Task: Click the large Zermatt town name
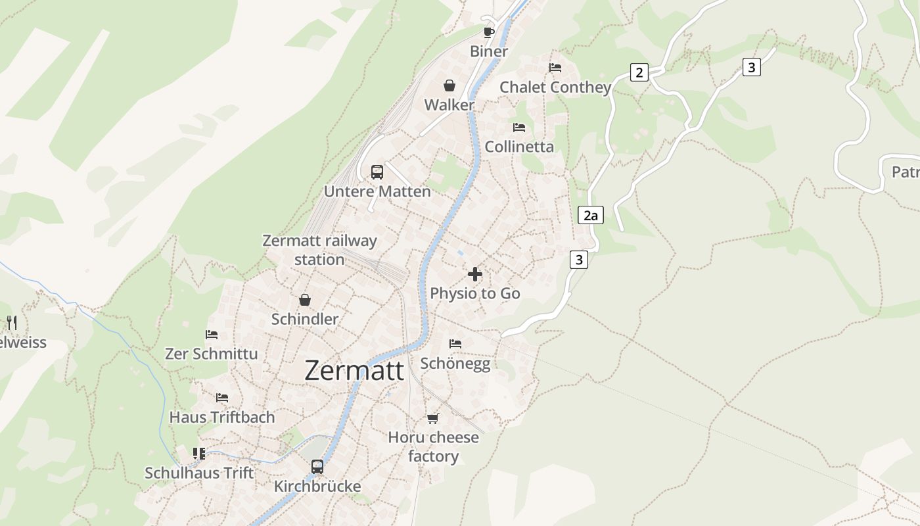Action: pyautogui.click(x=354, y=371)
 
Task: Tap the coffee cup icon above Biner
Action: pyautogui.click(x=489, y=32)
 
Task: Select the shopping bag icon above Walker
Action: pyautogui.click(x=449, y=85)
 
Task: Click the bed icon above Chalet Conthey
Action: pyautogui.click(x=555, y=68)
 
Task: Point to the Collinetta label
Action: pyautogui.click(x=519, y=147)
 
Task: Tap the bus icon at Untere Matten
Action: pyautogui.click(x=377, y=172)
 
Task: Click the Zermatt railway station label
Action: pyautogui.click(x=319, y=250)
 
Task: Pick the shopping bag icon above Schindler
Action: pyautogui.click(x=305, y=300)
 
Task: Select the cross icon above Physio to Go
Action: pyautogui.click(x=475, y=274)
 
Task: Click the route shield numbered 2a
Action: pyautogui.click(x=590, y=215)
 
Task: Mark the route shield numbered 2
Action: pyautogui.click(x=639, y=72)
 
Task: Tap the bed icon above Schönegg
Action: pyautogui.click(x=455, y=344)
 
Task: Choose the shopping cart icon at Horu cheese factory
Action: pyautogui.click(x=433, y=418)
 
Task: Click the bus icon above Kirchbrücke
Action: pyautogui.click(x=317, y=467)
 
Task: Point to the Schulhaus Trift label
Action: pyautogui.click(x=199, y=473)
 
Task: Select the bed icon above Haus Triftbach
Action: pyautogui.click(x=222, y=398)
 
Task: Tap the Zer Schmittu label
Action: pyautogui.click(x=211, y=354)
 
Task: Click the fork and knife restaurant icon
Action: pyautogui.click(x=12, y=322)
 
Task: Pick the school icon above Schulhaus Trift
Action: pyautogui.click(x=199, y=453)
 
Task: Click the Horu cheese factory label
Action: pyautogui.click(x=433, y=446)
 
